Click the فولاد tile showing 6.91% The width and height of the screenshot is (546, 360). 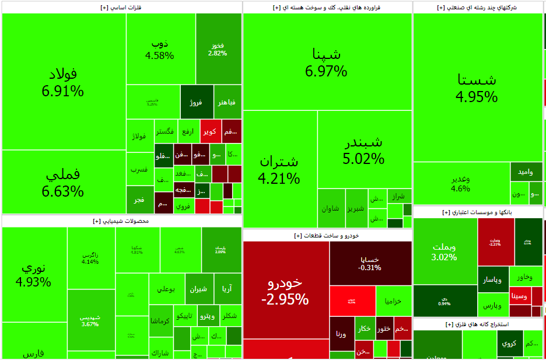63,82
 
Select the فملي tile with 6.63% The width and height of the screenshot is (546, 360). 63,182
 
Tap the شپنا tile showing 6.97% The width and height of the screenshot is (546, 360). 327,62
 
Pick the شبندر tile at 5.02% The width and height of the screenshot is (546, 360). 364,149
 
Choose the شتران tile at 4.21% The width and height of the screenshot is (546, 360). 280,169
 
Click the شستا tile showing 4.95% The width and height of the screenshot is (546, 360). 477,88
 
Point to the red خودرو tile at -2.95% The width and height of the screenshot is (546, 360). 285,291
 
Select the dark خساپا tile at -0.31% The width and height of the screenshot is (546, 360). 370,263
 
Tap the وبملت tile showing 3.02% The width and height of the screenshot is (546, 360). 444,251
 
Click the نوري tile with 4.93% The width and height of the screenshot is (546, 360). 34,274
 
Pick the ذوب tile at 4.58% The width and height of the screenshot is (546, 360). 160,49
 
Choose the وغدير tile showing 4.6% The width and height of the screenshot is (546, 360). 461,183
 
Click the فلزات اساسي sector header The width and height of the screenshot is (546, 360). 121,7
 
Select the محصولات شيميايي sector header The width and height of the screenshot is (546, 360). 121,221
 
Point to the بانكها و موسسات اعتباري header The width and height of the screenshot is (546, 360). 478,212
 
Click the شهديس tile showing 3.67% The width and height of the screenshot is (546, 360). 90,320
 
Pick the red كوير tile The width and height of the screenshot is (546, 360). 210,131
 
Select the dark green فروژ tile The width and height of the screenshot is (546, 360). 197,102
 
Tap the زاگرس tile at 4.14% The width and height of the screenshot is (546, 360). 90,257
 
